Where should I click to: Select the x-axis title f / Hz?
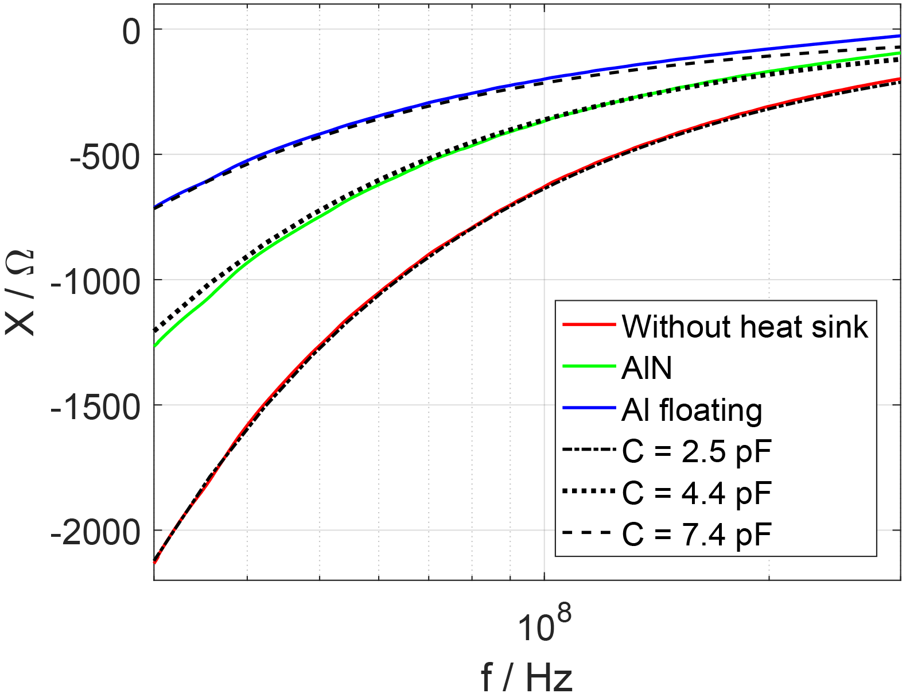(x=526, y=677)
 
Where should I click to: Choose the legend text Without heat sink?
(x=745, y=327)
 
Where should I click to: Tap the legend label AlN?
(x=647, y=368)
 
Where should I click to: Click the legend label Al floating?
(x=691, y=410)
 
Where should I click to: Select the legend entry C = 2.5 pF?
(x=697, y=451)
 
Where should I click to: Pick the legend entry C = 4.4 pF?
(x=697, y=493)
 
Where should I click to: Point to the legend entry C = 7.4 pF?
(x=697, y=535)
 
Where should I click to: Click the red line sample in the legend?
(x=589, y=325)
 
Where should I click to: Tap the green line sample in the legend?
(x=589, y=366)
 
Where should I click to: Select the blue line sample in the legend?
(x=589, y=408)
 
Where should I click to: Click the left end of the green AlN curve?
(x=155, y=346)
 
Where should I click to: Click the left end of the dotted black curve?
(x=155, y=330)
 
